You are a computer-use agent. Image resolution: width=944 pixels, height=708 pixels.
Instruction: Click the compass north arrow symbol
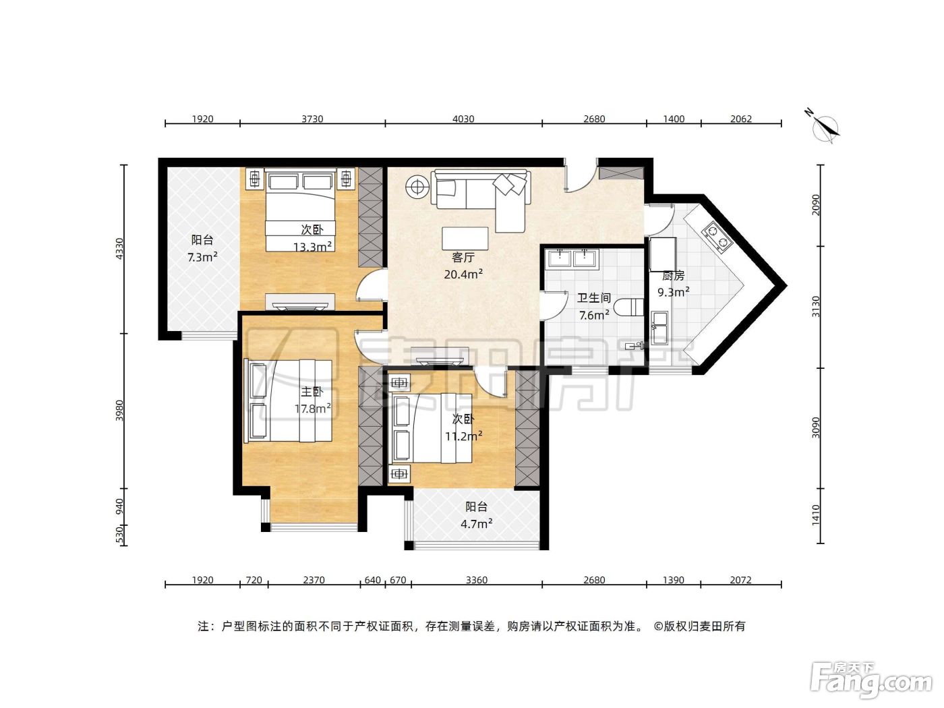point(825,127)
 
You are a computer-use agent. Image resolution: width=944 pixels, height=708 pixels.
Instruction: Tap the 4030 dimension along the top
point(463,119)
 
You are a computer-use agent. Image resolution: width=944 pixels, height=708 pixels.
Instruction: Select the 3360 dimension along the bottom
point(477,581)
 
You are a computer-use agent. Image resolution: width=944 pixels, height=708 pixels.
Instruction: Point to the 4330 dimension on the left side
point(119,248)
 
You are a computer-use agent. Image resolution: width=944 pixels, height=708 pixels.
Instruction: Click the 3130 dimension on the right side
point(816,307)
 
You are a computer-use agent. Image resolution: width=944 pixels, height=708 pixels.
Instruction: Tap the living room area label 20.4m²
point(463,274)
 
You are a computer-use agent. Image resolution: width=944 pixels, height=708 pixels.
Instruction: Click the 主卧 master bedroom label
point(312,392)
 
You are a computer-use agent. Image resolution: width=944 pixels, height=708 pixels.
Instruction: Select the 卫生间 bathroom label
point(594,298)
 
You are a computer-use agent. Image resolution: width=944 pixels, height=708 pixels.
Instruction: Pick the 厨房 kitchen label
point(673,276)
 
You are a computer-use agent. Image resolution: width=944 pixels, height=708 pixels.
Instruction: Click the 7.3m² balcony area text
point(202,257)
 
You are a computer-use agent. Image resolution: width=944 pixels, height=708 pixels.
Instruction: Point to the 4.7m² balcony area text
point(477,524)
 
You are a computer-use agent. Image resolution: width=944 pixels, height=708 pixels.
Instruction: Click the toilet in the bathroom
point(628,307)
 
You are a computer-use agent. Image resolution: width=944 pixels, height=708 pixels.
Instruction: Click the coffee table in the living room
point(465,239)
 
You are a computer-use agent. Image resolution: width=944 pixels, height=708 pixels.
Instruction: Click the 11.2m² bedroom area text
point(464,436)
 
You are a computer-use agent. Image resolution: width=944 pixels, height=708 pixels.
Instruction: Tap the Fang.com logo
point(871,681)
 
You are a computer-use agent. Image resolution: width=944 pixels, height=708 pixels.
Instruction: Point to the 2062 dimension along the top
point(741,119)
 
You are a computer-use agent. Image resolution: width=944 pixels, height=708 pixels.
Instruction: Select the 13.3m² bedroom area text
point(312,247)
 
